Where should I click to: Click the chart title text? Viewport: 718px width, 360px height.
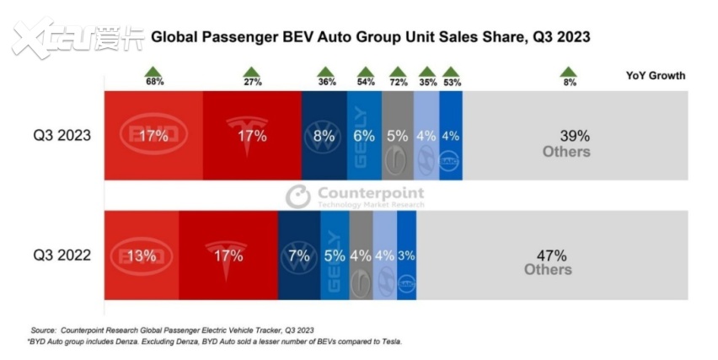[x=369, y=37]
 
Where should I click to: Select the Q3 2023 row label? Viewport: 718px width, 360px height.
[x=62, y=136]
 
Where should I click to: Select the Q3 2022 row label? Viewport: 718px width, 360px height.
[x=62, y=255]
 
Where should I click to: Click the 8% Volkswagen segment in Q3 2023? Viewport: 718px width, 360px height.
[x=324, y=136]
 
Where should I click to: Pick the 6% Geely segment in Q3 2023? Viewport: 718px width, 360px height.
[x=364, y=136]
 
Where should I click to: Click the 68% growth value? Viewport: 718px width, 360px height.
[x=153, y=83]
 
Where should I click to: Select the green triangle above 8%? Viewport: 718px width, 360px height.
[x=569, y=71]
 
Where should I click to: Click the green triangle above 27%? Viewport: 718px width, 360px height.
[x=252, y=71]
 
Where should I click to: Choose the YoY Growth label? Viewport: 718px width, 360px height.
[x=655, y=76]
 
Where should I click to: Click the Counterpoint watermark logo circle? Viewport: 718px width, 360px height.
[x=297, y=196]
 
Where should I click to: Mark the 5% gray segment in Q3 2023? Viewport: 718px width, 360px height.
[x=398, y=136]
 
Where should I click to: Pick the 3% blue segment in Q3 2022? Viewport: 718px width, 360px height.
[x=406, y=255]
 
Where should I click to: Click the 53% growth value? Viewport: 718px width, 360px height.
[x=452, y=83]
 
